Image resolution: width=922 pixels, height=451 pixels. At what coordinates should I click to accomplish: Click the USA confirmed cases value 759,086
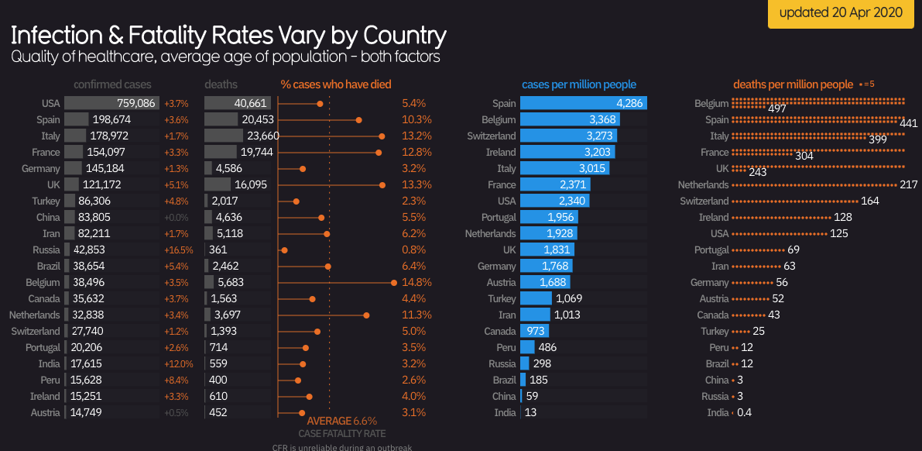pos(135,103)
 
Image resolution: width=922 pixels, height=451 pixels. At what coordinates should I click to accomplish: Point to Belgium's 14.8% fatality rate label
pos(417,283)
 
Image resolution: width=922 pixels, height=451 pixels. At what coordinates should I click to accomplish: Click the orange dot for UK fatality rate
pos(382,184)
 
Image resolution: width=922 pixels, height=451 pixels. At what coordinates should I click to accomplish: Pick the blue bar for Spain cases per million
pos(583,103)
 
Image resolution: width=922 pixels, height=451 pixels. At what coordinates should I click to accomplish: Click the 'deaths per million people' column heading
pos(793,84)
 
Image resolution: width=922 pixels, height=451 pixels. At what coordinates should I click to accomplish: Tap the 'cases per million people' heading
pos(579,84)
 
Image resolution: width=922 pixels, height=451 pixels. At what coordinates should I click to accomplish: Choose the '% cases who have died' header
pos(336,84)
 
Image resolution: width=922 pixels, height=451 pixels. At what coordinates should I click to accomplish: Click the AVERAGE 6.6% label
pos(341,421)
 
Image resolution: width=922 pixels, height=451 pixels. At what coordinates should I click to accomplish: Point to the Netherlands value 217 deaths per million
pos(909,185)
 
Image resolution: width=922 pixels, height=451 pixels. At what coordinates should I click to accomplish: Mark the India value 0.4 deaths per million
pos(744,413)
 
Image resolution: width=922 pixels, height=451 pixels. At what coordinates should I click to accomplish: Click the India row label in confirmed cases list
pos(49,364)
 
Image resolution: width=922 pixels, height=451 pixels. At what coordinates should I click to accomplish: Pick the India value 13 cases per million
pos(530,413)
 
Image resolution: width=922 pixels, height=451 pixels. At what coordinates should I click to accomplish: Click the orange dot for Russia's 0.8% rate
pos(284,250)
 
